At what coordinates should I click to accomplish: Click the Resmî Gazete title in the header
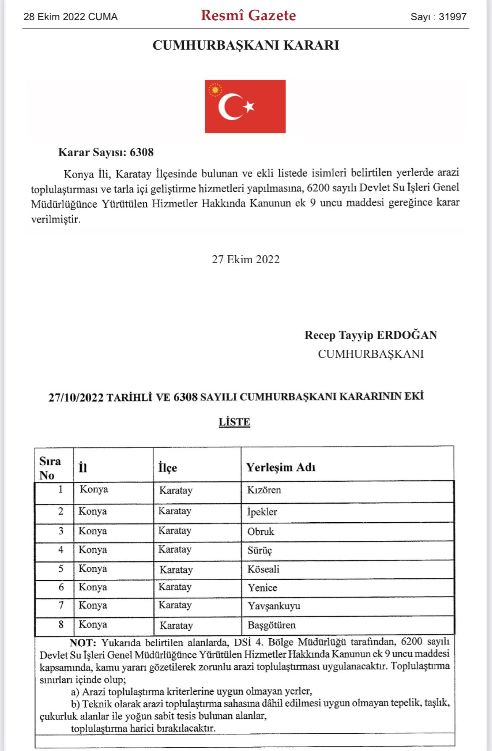(248, 16)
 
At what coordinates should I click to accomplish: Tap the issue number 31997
(452, 17)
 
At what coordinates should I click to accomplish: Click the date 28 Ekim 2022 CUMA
(71, 17)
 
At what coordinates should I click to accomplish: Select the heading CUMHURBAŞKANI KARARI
(246, 45)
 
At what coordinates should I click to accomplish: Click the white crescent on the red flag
(229, 107)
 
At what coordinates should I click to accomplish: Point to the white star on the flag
(249, 106)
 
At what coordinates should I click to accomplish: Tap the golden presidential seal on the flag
(215, 90)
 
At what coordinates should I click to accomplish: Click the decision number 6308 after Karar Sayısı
(142, 152)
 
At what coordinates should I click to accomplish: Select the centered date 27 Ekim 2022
(246, 259)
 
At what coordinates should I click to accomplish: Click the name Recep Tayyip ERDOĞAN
(370, 335)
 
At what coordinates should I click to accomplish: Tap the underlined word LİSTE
(234, 422)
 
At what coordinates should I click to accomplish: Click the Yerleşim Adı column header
(280, 468)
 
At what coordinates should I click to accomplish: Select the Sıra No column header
(50, 468)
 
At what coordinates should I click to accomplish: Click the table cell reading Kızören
(264, 490)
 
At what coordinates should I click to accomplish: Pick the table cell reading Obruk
(260, 532)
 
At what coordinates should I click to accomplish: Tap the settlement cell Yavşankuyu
(274, 606)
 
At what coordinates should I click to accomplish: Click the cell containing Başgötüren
(271, 625)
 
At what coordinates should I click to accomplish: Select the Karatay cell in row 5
(176, 570)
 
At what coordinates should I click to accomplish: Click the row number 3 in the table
(61, 531)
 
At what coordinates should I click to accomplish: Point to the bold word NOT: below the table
(83, 643)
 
